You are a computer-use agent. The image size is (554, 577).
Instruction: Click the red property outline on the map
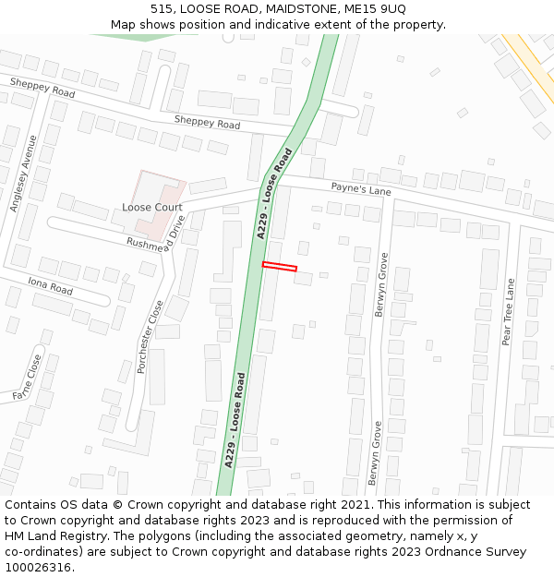(280, 267)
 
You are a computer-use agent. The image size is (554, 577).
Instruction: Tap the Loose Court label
(152, 208)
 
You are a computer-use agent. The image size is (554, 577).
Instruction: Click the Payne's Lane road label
(361, 190)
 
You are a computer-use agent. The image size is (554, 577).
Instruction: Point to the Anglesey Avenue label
(24, 174)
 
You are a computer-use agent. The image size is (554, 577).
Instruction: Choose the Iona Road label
(50, 285)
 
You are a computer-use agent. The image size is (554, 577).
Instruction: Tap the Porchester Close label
(150, 336)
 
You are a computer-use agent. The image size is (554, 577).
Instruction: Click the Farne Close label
(28, 378)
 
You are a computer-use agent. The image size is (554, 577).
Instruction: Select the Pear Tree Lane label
(507, 311)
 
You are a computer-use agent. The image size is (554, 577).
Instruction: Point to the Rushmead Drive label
(155, 237)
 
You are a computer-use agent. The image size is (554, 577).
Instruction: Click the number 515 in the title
(162, 8)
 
